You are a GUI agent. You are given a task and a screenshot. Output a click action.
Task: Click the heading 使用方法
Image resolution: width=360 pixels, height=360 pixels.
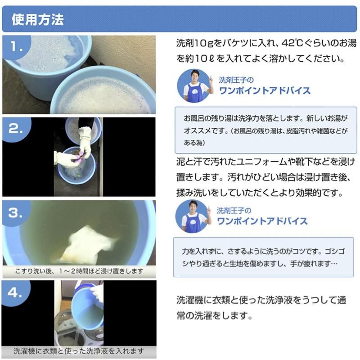tap(37, 19)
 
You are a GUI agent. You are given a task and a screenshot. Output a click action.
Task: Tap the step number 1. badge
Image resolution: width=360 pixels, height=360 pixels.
tap(17, 47)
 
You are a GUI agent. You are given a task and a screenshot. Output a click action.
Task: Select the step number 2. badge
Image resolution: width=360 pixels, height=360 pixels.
tap(16, 129)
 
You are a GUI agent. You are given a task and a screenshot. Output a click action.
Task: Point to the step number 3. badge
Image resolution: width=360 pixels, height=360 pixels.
tap(16, 213)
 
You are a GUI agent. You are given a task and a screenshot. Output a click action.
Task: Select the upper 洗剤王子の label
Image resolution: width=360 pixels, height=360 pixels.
tap(236, 80)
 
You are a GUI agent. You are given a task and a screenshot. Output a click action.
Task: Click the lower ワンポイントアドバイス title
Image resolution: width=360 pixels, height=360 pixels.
tap(262, 221)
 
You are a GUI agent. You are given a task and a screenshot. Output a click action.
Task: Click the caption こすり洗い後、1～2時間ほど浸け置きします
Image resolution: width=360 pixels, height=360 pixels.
tap(79, 271)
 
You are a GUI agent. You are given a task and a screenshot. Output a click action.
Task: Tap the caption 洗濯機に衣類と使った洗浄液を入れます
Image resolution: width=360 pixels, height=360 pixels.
tap(79, 351)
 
